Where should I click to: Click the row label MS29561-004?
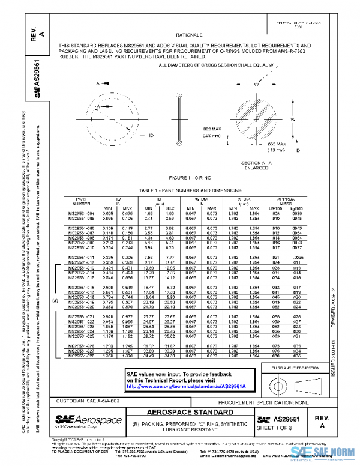pos(81,213)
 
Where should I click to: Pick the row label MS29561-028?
pos(81,357)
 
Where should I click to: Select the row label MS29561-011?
pos(81,257)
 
